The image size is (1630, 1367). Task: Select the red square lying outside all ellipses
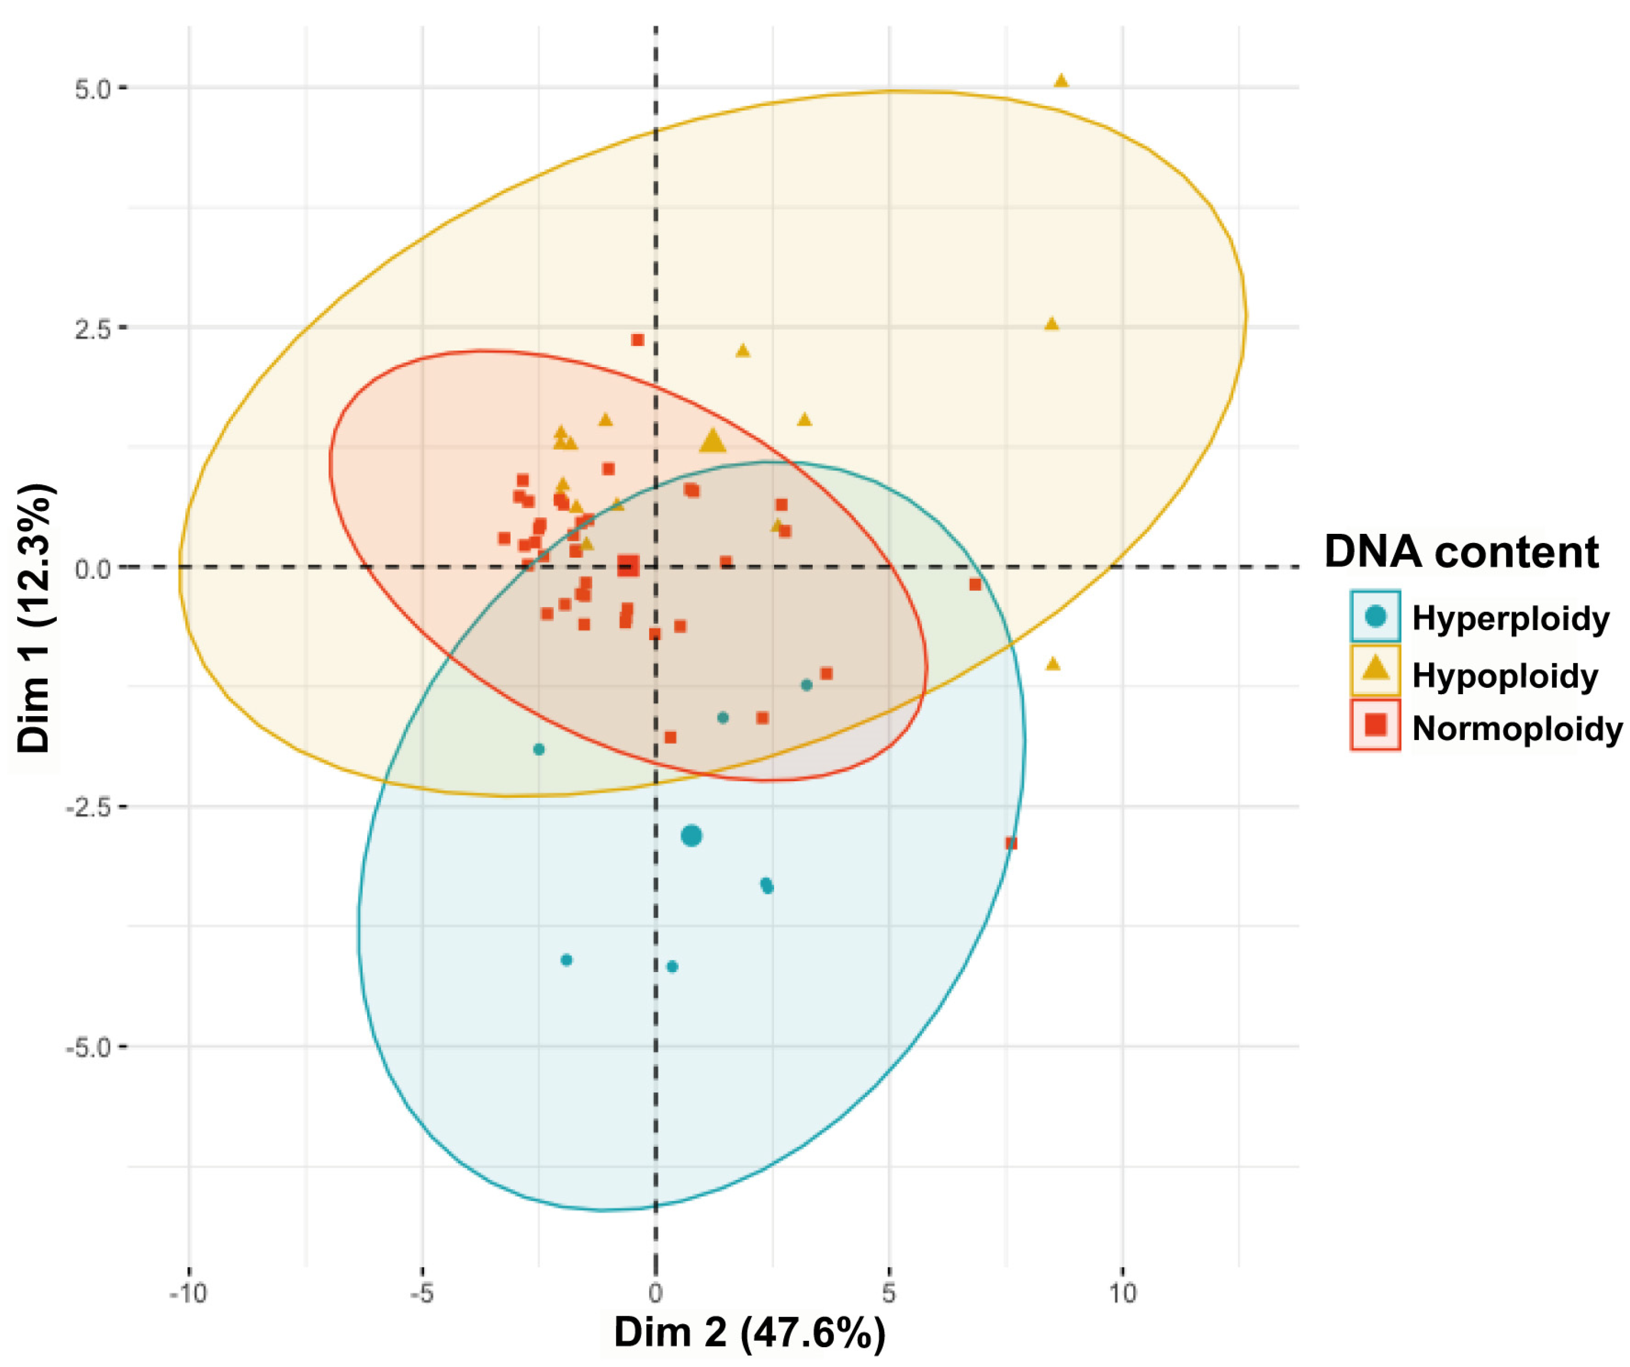1010,843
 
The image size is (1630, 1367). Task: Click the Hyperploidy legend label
1510,618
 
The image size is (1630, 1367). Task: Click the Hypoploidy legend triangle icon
1376,668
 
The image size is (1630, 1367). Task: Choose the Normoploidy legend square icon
1376,725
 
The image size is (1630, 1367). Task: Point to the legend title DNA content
1461,553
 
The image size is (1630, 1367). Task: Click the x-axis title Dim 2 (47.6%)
749,1332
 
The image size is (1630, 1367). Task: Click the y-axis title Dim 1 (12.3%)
34,618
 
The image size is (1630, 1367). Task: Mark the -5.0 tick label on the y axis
88,1047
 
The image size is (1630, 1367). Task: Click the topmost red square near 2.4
638,340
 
